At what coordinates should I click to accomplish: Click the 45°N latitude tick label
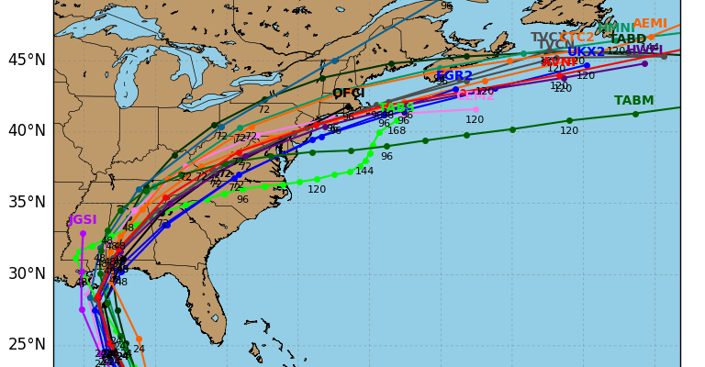(x=26, y=60)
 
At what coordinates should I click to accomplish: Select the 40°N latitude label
(x=26, y=130)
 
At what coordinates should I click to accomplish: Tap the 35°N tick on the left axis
(x=26, y=202)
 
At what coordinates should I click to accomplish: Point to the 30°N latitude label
(x=26, y=273)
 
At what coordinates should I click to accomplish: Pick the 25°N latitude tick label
(x=26, y=344)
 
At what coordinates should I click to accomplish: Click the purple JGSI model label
(x=82, y=220)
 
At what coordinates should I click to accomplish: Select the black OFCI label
(x=349, y=94)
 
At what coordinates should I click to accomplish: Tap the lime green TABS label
(x=397, y=107)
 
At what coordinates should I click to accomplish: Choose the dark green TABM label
(x=634, y=101)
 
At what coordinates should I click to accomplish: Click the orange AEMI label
(x=650, y=24)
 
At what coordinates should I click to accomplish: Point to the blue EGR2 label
(x=454, y=76)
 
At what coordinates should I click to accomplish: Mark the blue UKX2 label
(x=586, y=52)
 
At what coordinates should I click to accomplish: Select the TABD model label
(x=628, y=39)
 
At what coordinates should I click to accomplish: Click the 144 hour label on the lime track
(x=364, y=171)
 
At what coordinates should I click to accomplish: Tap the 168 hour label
(x=397, y=131)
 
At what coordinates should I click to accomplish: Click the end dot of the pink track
(x=476, y=109)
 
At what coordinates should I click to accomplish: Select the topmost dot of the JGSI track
(x=83, y=233)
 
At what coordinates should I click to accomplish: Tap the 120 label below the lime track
(x=317, y=190)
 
